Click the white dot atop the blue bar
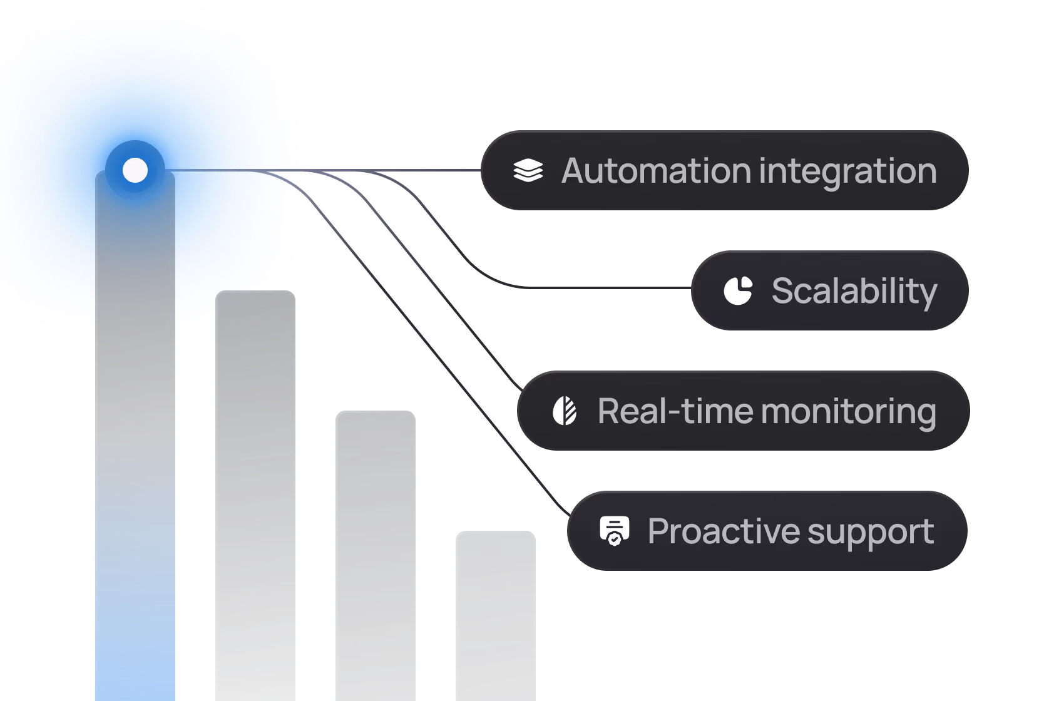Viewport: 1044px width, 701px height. click(x=135, y=170)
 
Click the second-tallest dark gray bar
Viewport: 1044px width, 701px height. click(x=255, y=494)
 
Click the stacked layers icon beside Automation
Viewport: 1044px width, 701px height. click(x=528, y=170)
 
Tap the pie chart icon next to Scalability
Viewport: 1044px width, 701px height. click(x=738, y=290)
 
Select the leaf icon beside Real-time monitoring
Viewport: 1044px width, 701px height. click(x=565, y=411)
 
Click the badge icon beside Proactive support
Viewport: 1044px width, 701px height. click(x=615, y=531)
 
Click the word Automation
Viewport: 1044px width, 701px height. click(x=656, y=171)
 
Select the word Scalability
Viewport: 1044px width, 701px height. click(x=854, y=291)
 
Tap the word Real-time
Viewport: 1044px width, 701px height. click(x=675, y=411)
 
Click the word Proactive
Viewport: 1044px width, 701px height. click(x=724, y=531)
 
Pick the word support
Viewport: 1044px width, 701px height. click(x=871, y=531)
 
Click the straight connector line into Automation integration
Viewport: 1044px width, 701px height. click(x=407, y=170)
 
